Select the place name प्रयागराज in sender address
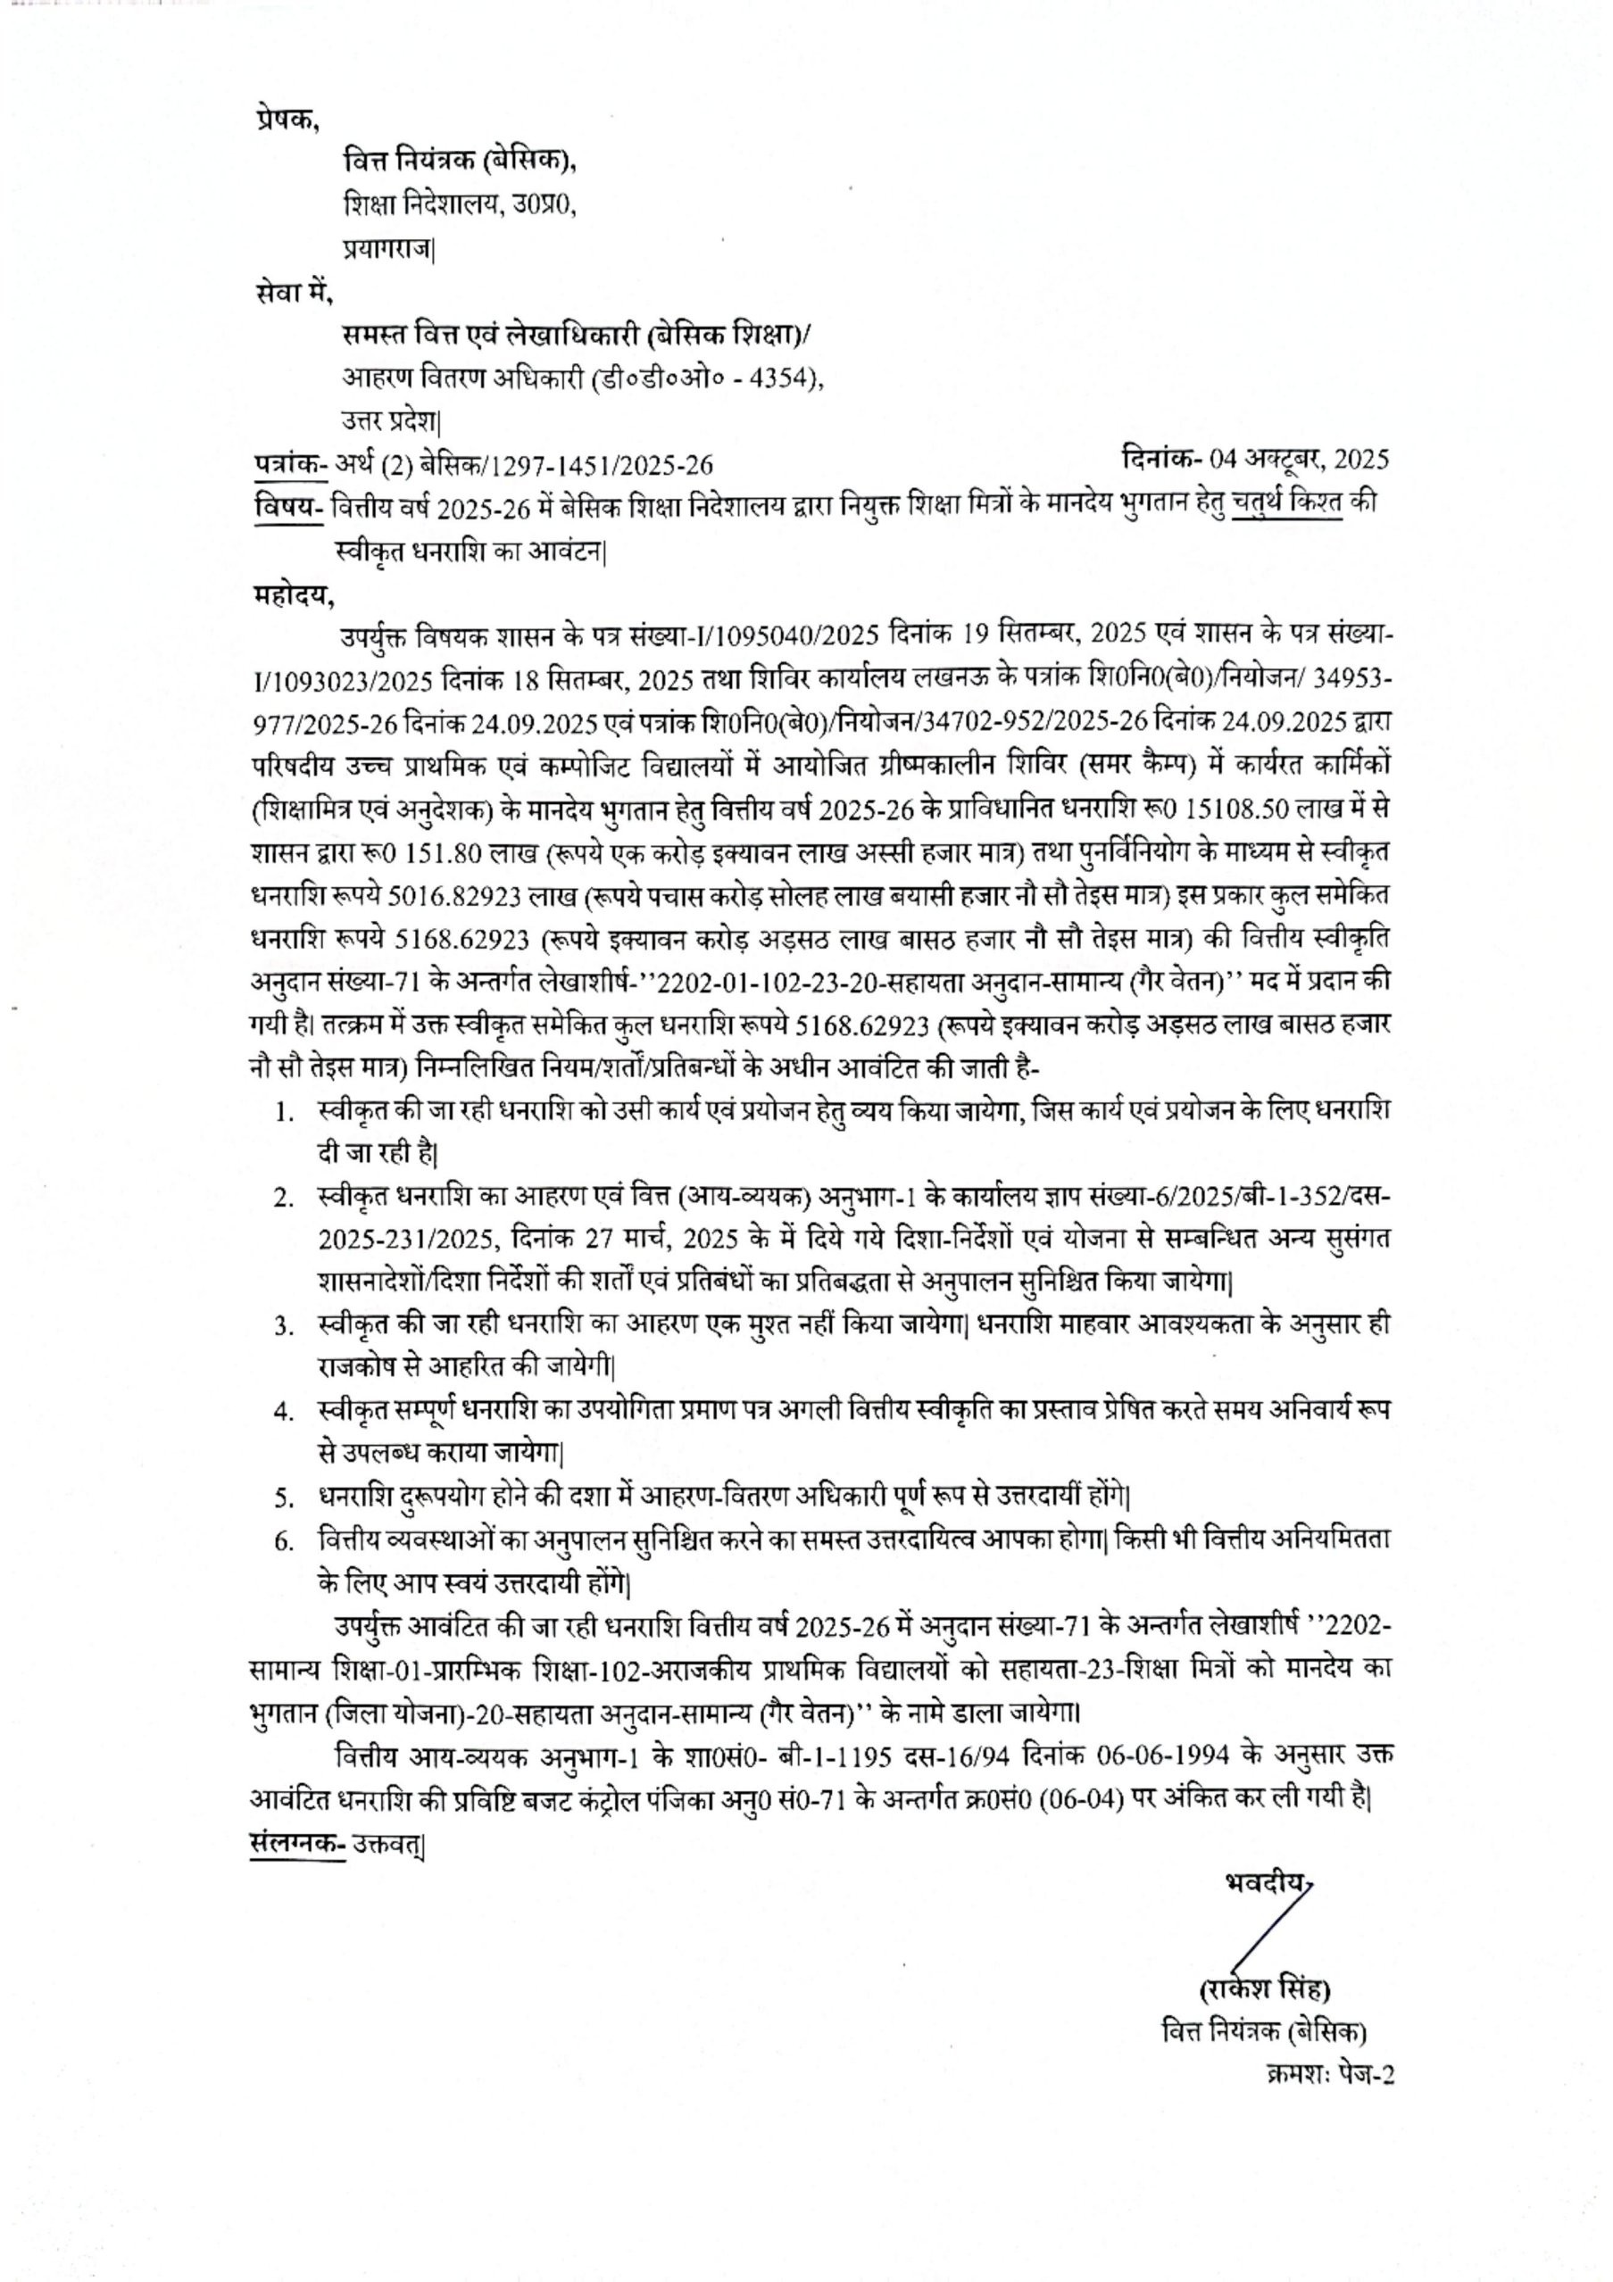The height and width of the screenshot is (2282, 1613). [x=388, y=248]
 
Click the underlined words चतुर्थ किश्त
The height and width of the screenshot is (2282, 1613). [x=1287, y=503]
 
